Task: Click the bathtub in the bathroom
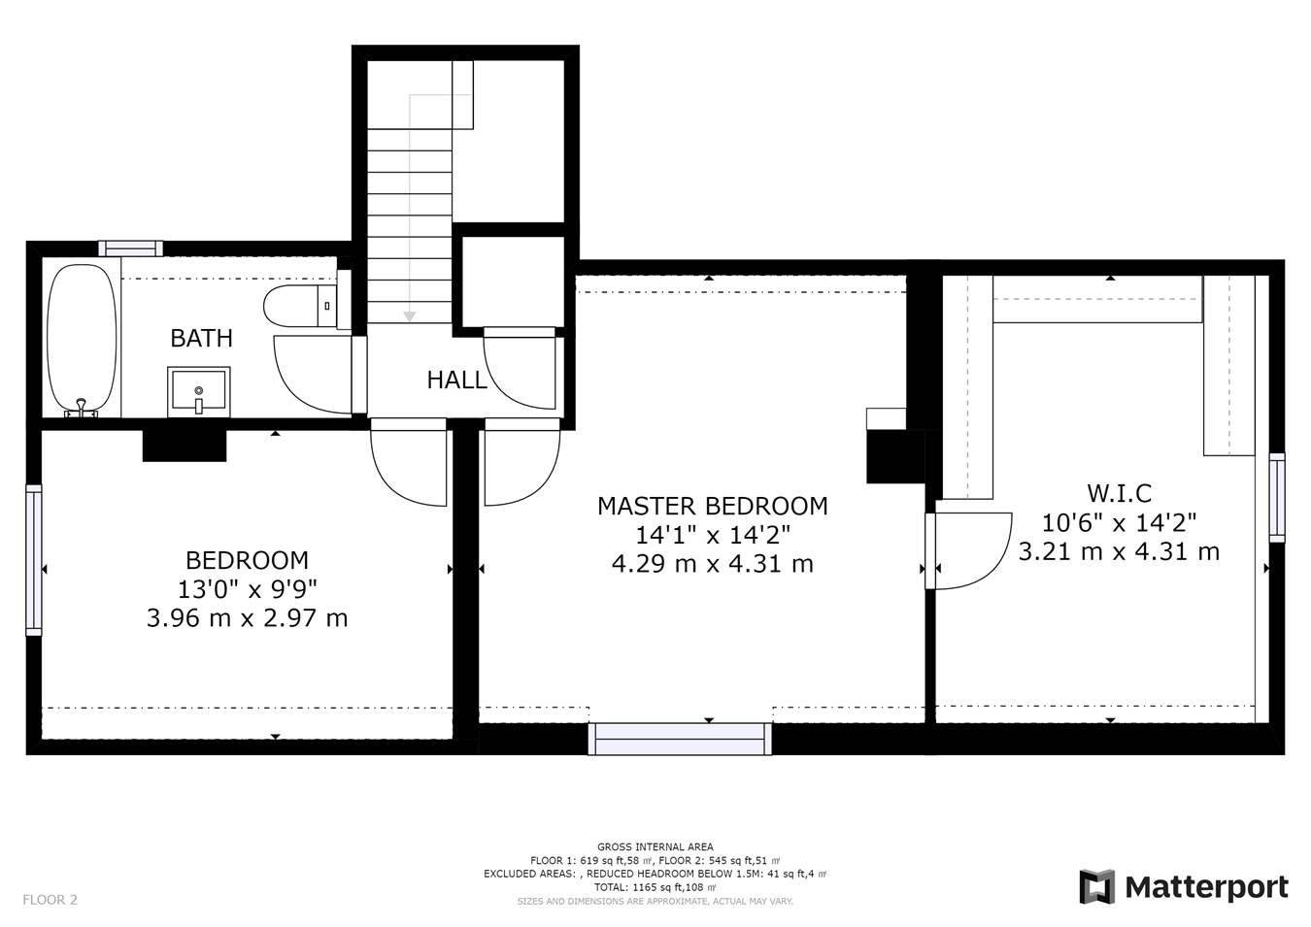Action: [x=82, y=341]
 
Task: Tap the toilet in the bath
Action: [x=300, y=306]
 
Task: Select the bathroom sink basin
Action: [x=198, y=392]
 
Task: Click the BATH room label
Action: [x=201, y=338]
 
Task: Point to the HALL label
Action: [x=456, y=381]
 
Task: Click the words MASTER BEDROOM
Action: [x=712, y=506]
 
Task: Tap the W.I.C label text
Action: [x=1119, y=494]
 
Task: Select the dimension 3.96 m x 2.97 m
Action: [x=247, y=618]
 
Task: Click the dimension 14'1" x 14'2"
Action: [x=712, y=535]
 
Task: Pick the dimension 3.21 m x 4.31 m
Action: [x=1119, y=551]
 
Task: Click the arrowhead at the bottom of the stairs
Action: [x=410, y=316]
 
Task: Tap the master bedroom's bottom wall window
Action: [x=680, y=739]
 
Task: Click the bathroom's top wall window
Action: [x=130, y=248]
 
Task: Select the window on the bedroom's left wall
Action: [x=34, y=560]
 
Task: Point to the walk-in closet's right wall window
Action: [x=1277, y=498]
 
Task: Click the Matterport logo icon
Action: [x=1097, y=886]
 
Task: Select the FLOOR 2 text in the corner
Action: [x=50, y=900]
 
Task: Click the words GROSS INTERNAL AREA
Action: [x=655, y=846]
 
